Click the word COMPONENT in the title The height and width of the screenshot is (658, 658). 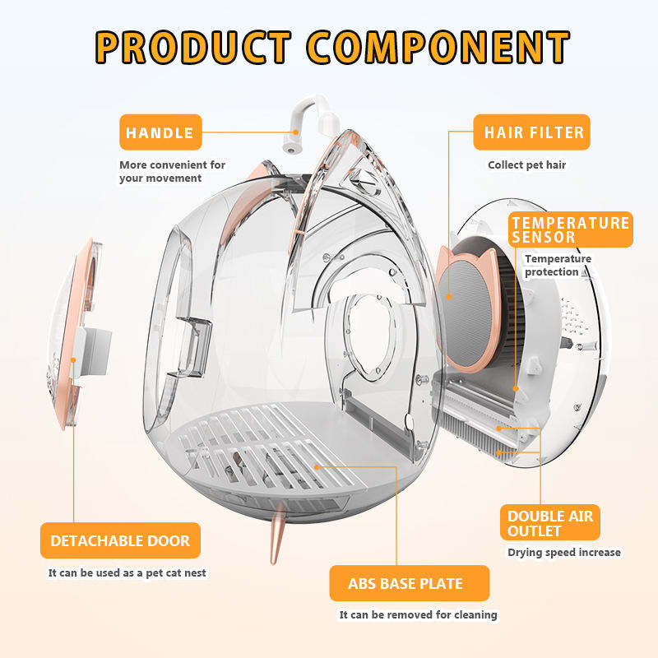pos(439,47)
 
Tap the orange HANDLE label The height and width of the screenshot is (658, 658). pos(160,132)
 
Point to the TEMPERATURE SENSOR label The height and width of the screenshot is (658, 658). pos(570,229)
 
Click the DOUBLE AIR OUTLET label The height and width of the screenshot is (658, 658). pos(549,523)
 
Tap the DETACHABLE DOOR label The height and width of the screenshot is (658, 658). pos(120,540)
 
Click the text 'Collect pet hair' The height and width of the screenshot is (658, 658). pos(526,164)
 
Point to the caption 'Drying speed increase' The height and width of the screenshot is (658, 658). pos(563,552)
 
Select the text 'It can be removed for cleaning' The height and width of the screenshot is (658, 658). pos(418,614)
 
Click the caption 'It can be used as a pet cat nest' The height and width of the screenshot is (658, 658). pos(127,572)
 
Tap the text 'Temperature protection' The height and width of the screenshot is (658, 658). pos(558,265)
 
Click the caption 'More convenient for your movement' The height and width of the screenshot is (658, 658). pos(172,171)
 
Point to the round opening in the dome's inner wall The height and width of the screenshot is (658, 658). pos(362,333)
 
